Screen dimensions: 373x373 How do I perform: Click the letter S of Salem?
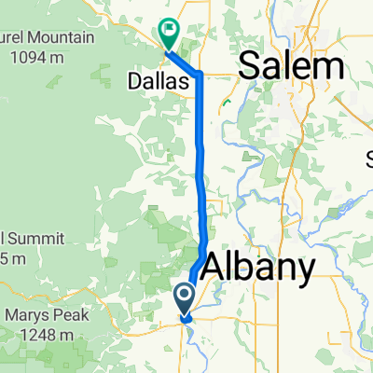pyautogui.click(x=250, y=66)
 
